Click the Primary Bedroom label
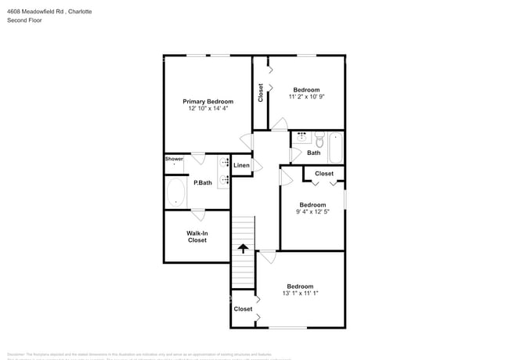pyautogui.click(x=208, y=102)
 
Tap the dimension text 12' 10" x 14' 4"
pyautogui.click(x=208, y=110)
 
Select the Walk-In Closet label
pyautogui.click(x=197, y=236)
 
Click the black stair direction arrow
pyautogui.click(x=243, y=248)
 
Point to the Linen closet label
pyautogui.click(x=241, y=166)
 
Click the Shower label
pyautogui.click(x=174, y=159)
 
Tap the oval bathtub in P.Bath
pyautogui.click(x=176, y=192)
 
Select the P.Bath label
pyautogui.click(x=203, y=183)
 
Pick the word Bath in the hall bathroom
pyautogui.click(x=313, y=153)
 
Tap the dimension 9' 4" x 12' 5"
pyautogui.click(x=313, y=213)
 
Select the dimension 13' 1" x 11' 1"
pyautogui.click(x=300, y=293)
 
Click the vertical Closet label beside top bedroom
pyautogui.click(x=261, y=92)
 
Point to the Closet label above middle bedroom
pyautogui.click(x=323, y=174)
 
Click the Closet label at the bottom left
pyautogui.click(x=243, y=309)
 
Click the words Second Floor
pyautogui.click(x=25, y=20)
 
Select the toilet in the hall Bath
pyautogui.click(x=319, y=139)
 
